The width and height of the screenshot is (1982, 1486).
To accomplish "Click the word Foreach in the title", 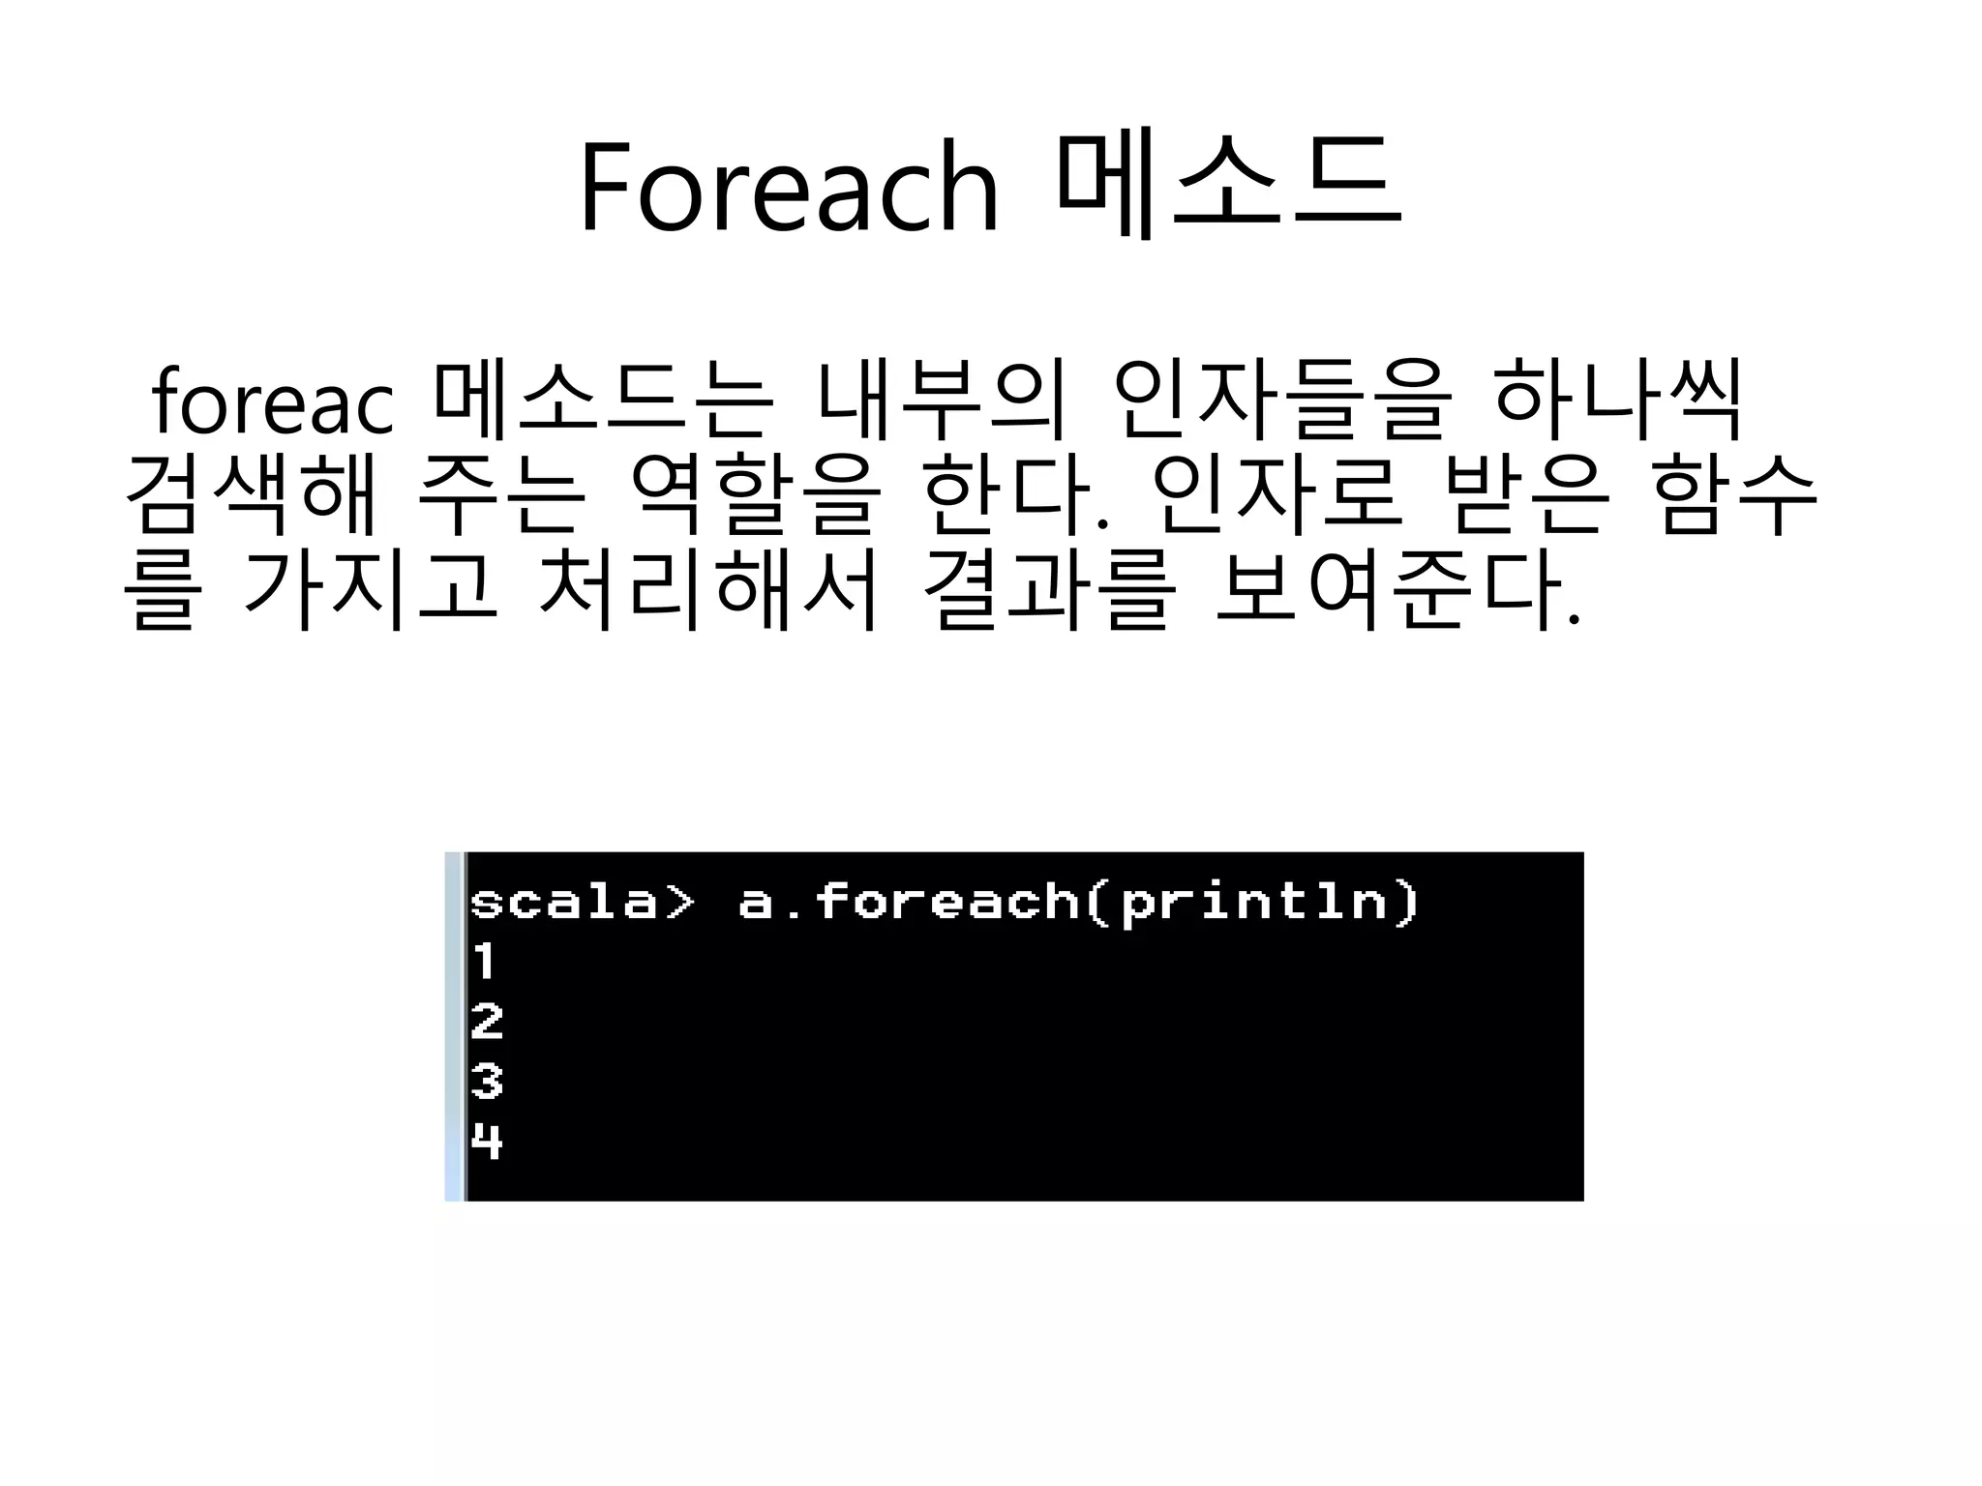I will (x=788, y=187).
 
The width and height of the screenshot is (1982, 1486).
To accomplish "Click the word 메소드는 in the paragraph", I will (x=604, y=401).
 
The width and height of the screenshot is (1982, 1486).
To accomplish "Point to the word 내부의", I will (x=940, y=401).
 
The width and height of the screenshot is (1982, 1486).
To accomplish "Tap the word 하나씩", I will (x=1617, y=401).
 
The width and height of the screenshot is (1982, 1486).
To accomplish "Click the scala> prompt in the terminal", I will (x=582, y=902).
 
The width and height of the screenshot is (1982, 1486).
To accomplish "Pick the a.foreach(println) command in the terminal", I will (x=1078, y=903).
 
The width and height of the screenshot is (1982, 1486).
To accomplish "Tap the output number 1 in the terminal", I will (x=484, y=962).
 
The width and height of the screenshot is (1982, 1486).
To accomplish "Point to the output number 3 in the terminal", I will (x=487, y=1082).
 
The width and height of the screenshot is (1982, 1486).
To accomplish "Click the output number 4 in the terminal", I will (x=487, y=1142).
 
